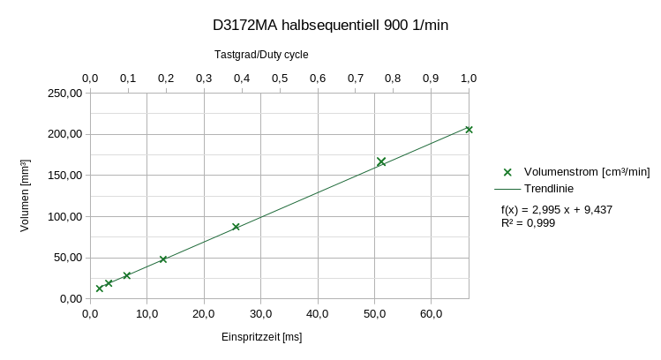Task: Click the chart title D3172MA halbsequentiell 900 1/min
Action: tap(330, 26)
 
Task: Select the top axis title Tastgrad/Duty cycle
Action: tap(261, 55)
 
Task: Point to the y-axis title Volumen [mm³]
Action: tap(25, 195)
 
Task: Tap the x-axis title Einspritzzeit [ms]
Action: tap(262, 337)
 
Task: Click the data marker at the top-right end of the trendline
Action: tap(469, 130)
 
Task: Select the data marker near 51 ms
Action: tap(381, 161)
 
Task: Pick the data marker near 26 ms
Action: tap(236, 227)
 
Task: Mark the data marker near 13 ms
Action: tap(163, 259)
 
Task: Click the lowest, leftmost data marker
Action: tap(100, 289)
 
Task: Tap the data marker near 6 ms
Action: tap(126, 275)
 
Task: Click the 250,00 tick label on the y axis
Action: tap(65, 94)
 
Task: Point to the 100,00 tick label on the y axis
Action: tap(65, 217)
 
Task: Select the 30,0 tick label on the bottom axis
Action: tap(261, 313)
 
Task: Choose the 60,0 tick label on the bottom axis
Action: tap(432, 313)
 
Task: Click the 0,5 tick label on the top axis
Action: tap(280, 79)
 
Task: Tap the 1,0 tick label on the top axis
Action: tap(469, 79)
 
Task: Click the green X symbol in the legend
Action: tap(507, 172)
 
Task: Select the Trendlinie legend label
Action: tap(549, 189)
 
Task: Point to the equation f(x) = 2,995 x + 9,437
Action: tap(557, 209)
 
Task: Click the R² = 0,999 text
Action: tap(528, 223)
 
